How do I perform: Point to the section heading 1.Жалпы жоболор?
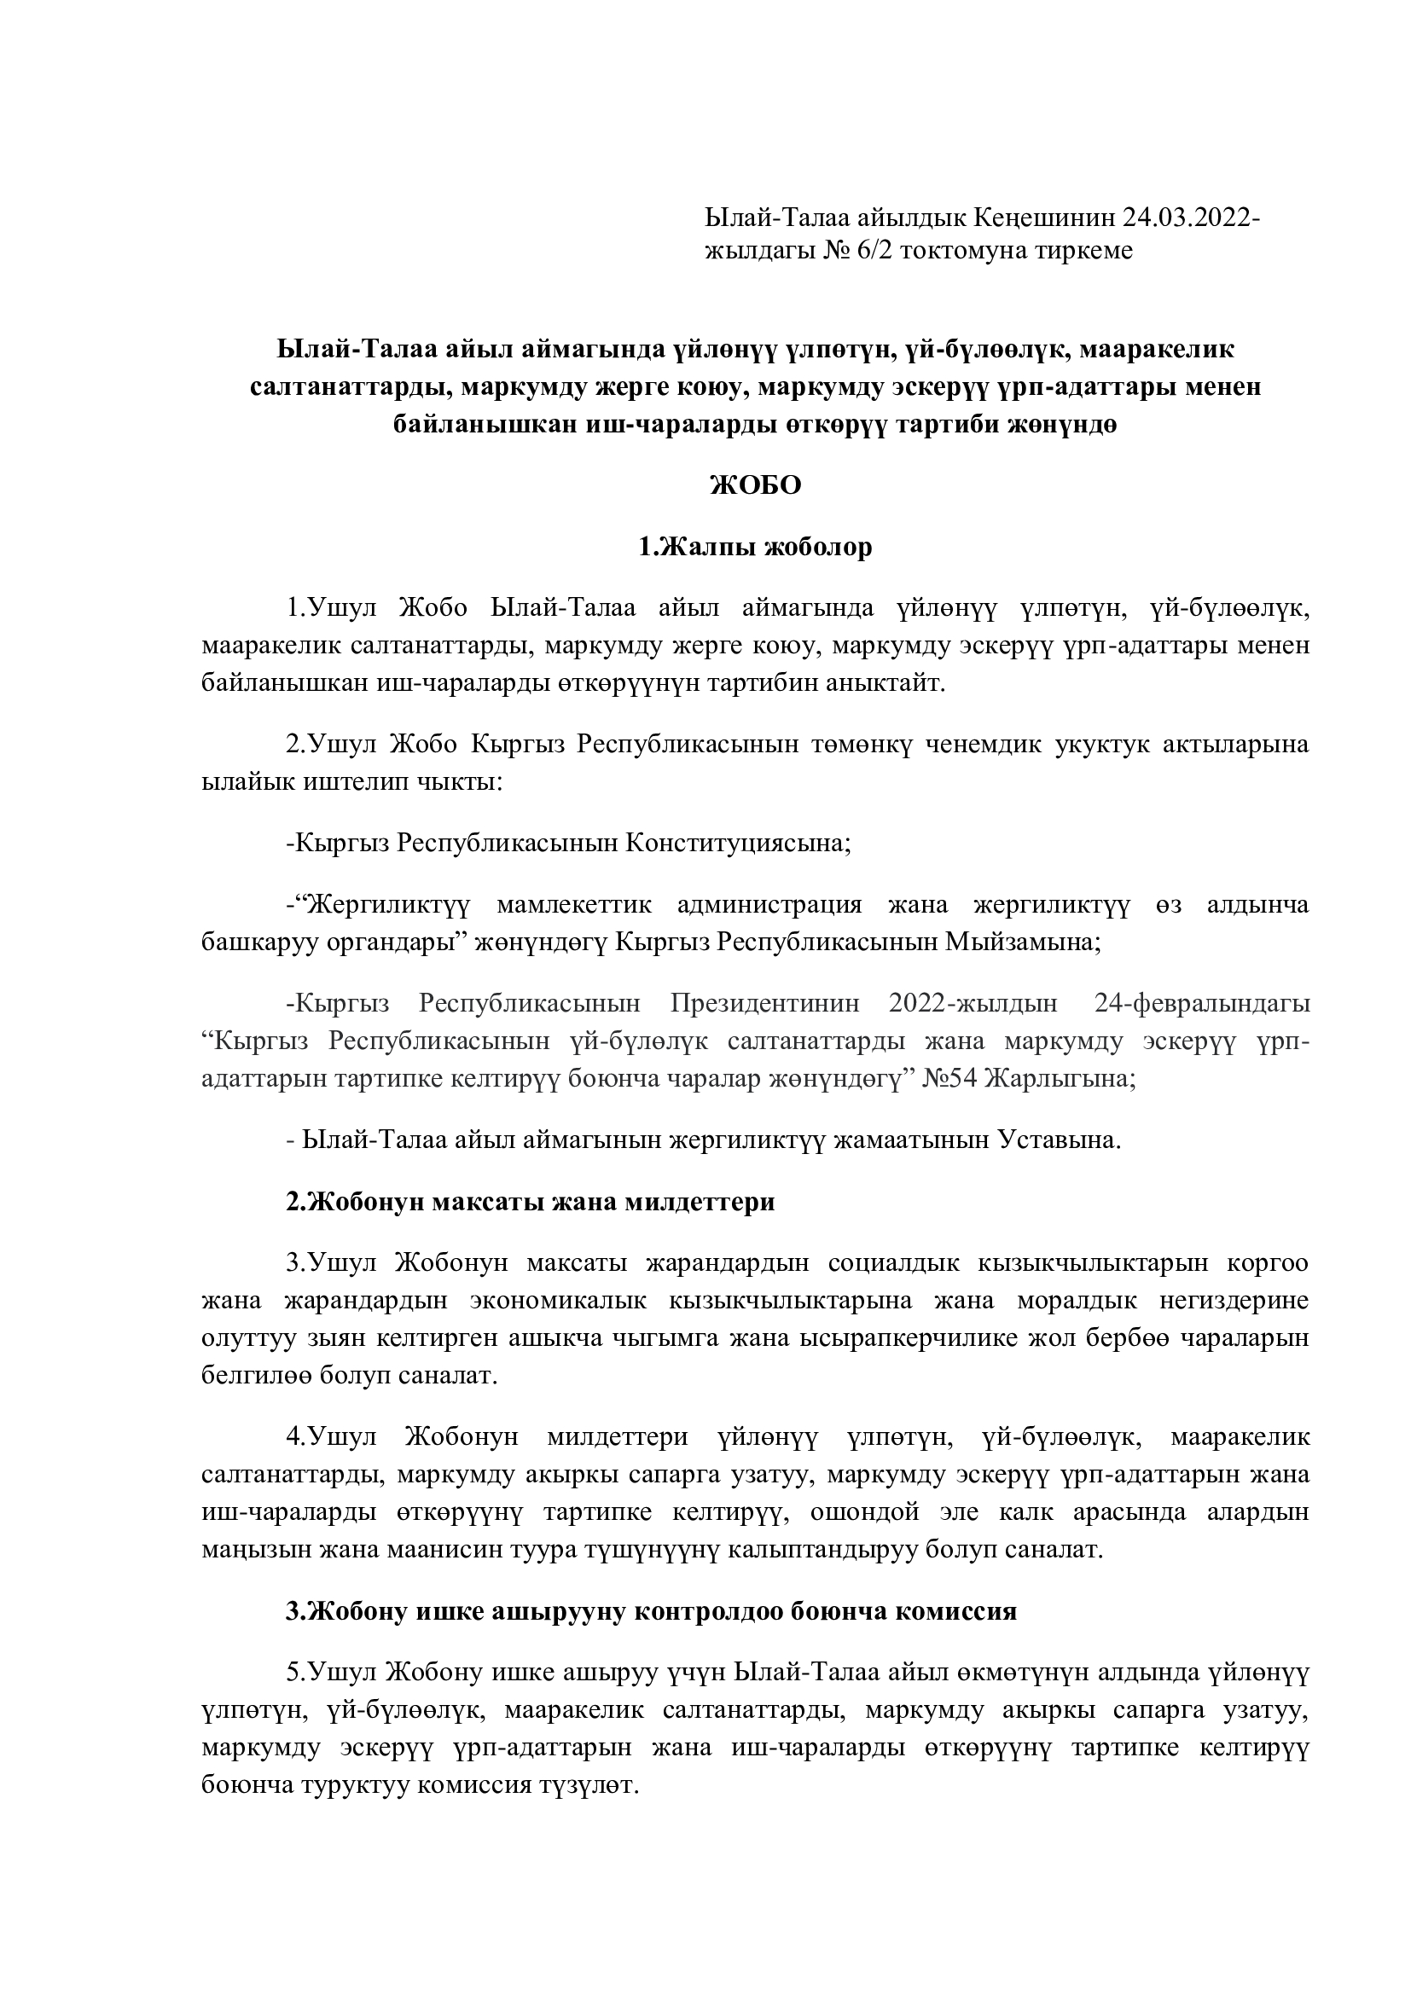[755, 548]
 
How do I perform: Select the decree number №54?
[949, 1079]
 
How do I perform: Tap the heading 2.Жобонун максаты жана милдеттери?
[530, 1203]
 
